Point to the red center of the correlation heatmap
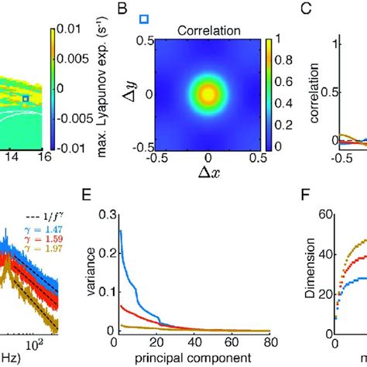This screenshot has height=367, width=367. (208, 94)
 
